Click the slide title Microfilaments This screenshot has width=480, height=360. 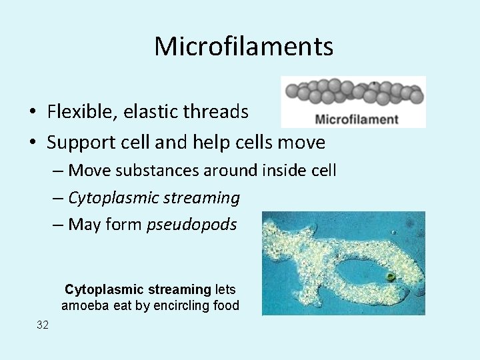[243, 47]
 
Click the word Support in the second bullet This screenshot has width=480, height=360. [82, 143]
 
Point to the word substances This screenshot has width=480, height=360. [158, 171]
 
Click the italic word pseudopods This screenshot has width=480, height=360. [191, 225]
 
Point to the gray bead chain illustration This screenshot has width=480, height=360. [353, 93]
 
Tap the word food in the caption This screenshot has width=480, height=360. [226, 306]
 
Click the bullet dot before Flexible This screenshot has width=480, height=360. [33, 112]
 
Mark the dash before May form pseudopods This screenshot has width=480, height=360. [58, 225]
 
